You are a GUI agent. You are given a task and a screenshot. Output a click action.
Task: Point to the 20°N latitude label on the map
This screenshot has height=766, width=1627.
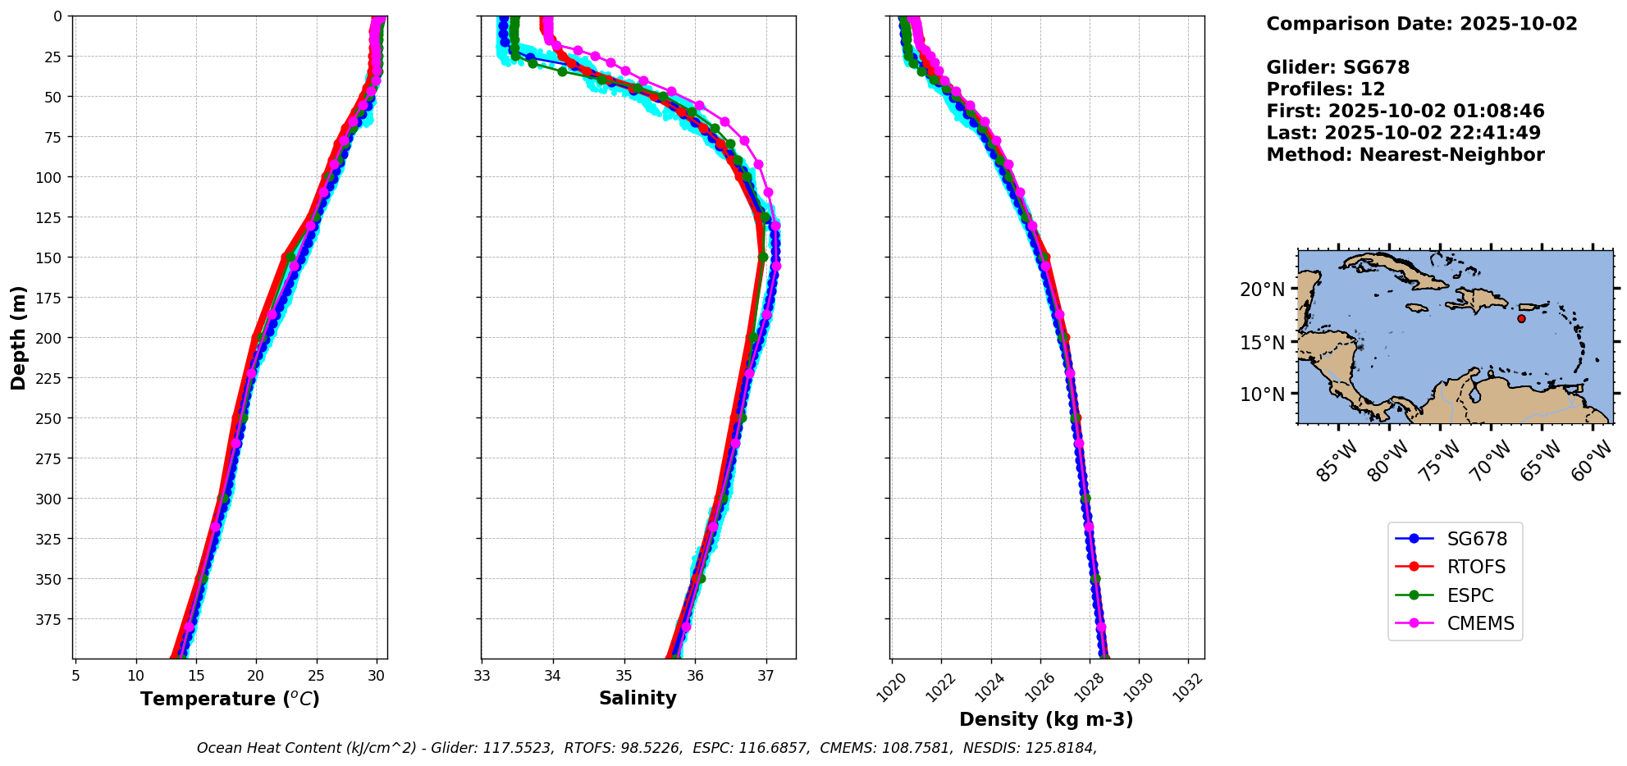coord(1262,290)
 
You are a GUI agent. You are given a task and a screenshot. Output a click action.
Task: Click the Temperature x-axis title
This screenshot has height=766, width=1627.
coord(230,700)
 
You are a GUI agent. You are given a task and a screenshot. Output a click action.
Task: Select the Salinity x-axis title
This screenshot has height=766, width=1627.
coord(638,699)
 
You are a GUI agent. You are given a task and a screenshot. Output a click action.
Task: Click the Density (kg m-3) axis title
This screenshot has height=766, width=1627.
coord(1046,720)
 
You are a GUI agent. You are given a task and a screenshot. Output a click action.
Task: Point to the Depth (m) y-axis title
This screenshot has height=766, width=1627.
coord(19,337)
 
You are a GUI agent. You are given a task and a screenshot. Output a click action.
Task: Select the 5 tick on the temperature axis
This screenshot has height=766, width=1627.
coord(75,677)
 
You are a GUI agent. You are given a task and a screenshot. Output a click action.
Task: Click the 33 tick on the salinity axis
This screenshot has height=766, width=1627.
coord(482,677)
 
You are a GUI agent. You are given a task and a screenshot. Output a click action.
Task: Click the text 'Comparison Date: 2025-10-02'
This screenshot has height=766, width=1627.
coord(1421,24)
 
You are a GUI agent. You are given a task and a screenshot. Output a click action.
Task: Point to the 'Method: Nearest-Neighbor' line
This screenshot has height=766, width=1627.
coord(1405,155)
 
